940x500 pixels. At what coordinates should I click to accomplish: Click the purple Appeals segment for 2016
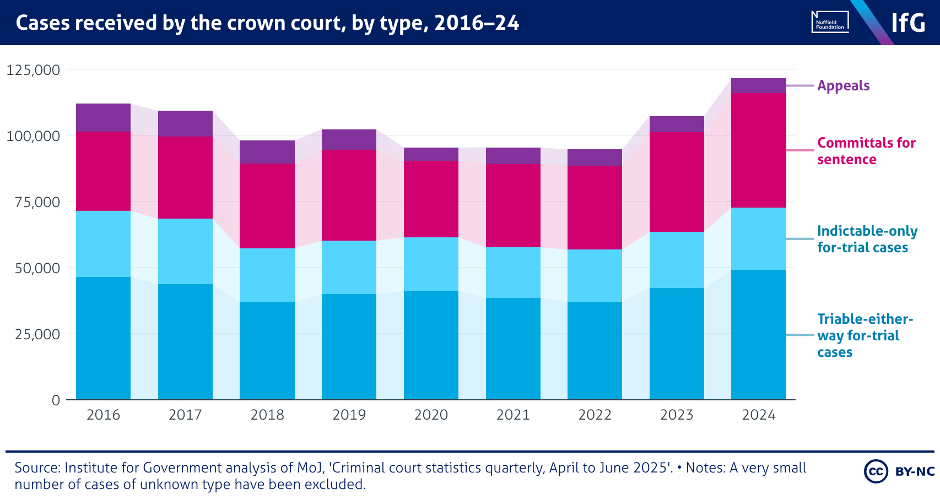tap(103, 117)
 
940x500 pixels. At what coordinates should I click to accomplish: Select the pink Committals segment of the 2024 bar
tap(758, 150)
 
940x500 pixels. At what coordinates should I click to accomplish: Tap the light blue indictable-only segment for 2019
tap(349, 267)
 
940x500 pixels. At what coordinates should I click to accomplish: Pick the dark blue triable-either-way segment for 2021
tap(513, 349)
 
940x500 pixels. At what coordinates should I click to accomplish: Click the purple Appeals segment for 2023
tap(677, 124)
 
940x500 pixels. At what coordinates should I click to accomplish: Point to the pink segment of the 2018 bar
tap(267, 206)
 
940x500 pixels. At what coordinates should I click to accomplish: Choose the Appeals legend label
tap(843, 86)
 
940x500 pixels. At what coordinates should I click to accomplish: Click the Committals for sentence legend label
tap(866, 151)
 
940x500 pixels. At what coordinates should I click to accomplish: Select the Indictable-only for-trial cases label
tap(867, 239)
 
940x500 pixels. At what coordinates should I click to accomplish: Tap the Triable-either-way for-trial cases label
tap(865, 335)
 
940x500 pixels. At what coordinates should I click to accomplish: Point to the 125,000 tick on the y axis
tap(33, 70)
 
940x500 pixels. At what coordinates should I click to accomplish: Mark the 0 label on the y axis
tap(56, 400)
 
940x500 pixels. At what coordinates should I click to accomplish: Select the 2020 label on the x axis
tap(431, 415)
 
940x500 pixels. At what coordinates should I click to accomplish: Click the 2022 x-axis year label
tap(595, 415)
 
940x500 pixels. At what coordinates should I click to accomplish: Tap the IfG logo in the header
tap(908, 23)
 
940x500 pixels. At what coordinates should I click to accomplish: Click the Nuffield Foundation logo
tap(830, 22)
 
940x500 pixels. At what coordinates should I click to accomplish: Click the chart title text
tap(267, 23)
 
